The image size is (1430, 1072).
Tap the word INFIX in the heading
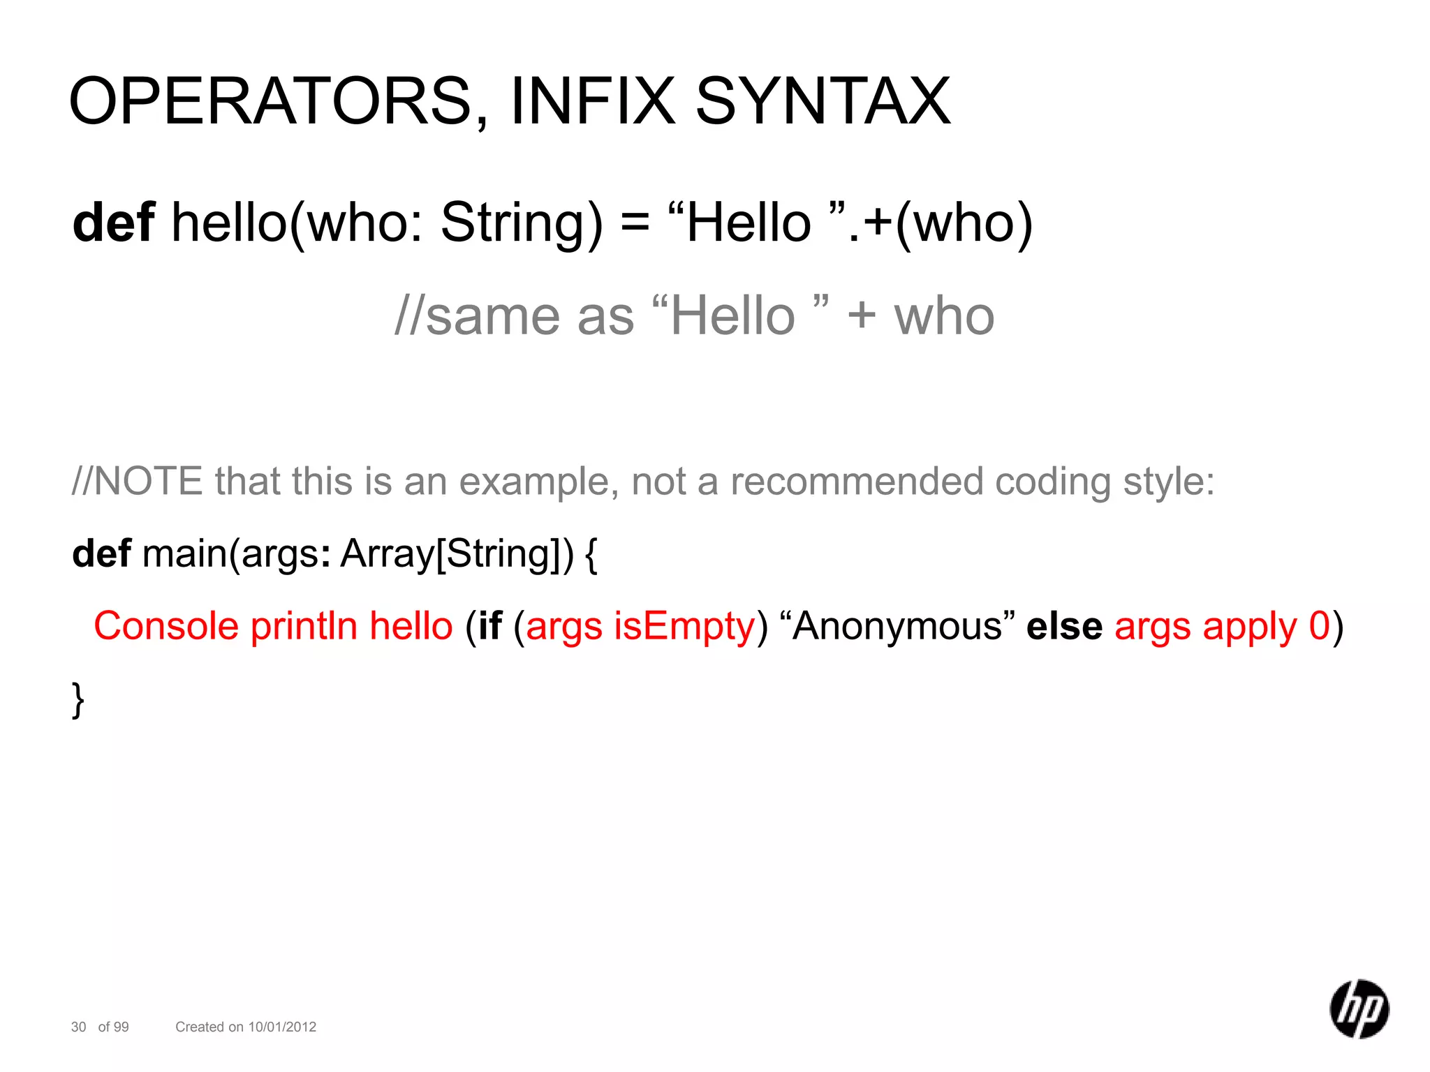pyautogui.click(x=593, y=102)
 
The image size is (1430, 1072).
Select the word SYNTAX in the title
pyautogui.click(x=823, y=102)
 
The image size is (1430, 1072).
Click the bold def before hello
pyautogui.click(x=113, y=223)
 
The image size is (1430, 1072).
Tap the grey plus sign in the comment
pyautogui.click(x=862, y=315)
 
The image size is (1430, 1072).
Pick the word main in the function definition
pyautogui.click(x=186, y=554)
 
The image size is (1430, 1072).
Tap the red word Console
pyautogui.click(x=166, y=626)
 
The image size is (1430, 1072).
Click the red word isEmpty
pyautogui.click(x=684, y=626)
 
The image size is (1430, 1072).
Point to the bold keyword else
pyautogui.click(x=1064, y=626)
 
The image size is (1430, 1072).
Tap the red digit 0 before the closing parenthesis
pyautogui.click(x=1319, y=625)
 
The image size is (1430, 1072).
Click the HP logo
pyautogui.click(x=1359, y=1009)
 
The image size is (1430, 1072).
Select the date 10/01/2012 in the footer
pyautogui.click(x=282, y=1027)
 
